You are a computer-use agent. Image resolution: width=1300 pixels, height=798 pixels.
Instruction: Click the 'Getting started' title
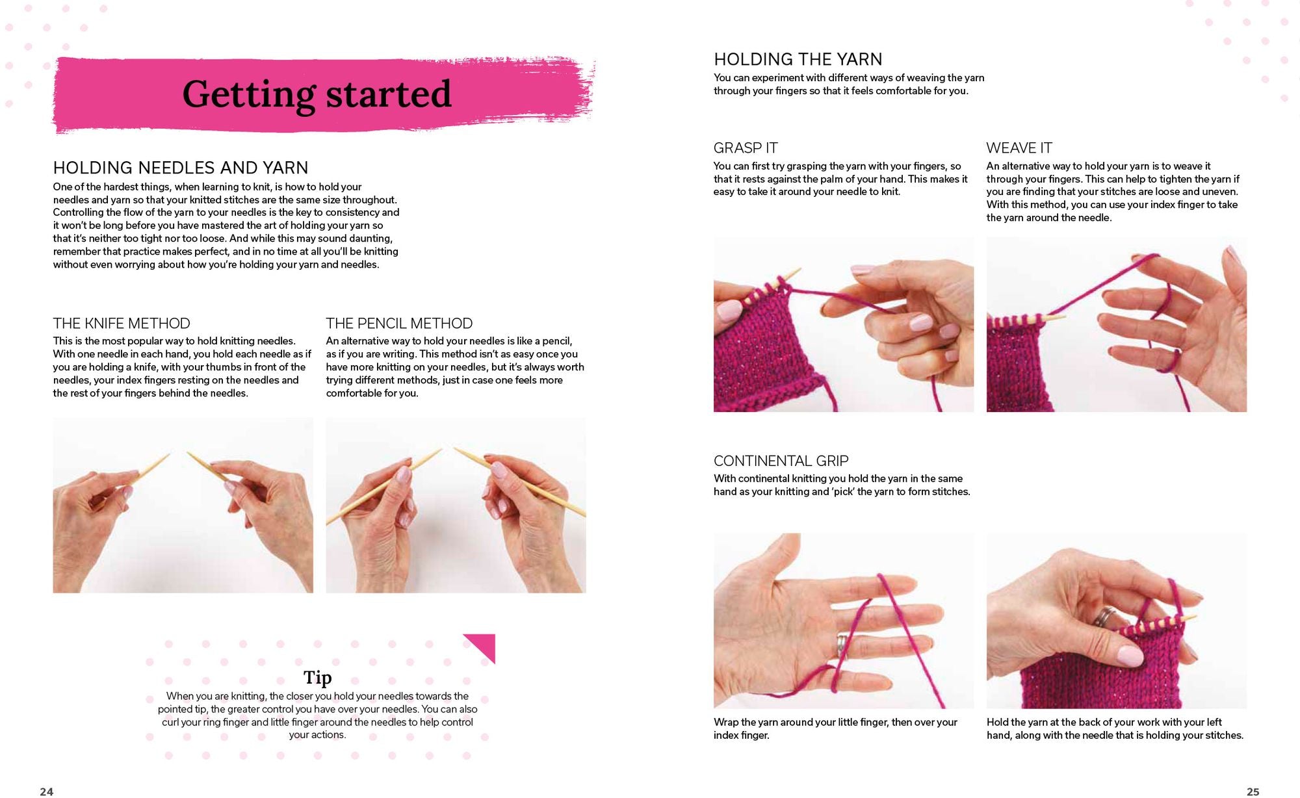(317, 95)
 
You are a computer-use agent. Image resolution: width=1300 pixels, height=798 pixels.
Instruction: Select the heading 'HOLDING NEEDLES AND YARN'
(181, 168)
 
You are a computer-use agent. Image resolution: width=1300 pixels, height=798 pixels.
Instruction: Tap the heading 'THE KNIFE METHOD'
(122, 324)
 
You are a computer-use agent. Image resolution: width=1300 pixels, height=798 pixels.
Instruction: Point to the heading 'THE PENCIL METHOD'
(399, 324)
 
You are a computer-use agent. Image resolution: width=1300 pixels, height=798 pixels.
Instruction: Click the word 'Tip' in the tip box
(317, 678)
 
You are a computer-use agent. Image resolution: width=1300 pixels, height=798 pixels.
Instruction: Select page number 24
(47, 792)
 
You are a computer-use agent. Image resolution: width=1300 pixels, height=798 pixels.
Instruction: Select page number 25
(1253, 792)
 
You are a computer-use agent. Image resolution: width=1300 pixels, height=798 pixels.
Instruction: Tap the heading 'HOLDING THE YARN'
(798, 59)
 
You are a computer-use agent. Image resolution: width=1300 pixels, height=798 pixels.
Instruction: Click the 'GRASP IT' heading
(746, 148)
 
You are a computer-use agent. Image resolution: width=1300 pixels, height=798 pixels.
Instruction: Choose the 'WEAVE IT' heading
(1019, 148)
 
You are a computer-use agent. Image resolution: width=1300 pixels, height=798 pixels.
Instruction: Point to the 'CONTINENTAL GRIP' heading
(781, 461)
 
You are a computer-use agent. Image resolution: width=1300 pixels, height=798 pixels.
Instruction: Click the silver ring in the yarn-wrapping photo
(841, 647)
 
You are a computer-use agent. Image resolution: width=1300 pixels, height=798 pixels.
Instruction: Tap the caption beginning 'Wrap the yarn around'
(835, 728)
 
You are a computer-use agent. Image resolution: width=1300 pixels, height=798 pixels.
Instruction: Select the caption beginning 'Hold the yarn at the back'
(1115, 728)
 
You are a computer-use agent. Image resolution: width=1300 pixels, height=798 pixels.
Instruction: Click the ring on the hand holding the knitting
(1104, 616)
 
